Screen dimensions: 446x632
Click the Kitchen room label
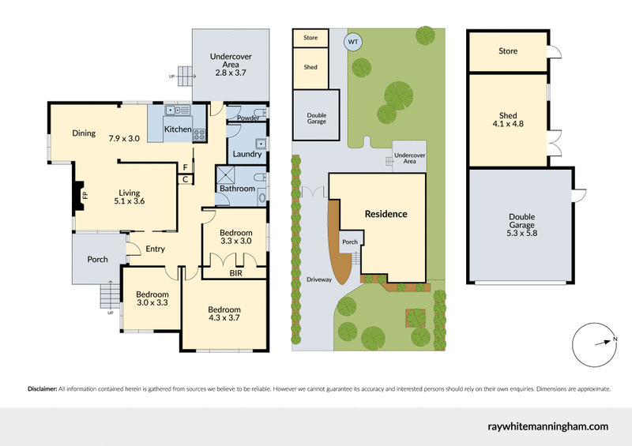177,129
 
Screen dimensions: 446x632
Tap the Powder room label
247,118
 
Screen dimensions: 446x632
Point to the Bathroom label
237,189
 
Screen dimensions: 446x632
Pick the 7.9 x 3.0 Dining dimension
124,138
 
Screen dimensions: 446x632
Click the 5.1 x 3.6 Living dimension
129,201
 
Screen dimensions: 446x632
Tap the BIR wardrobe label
235,274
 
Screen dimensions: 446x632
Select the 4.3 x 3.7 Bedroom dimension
224,318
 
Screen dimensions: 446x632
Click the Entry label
155,249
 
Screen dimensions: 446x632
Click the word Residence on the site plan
386,214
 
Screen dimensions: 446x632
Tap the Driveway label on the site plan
318,280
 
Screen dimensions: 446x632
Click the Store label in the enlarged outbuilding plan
508,51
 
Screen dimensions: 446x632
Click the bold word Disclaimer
42,388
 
